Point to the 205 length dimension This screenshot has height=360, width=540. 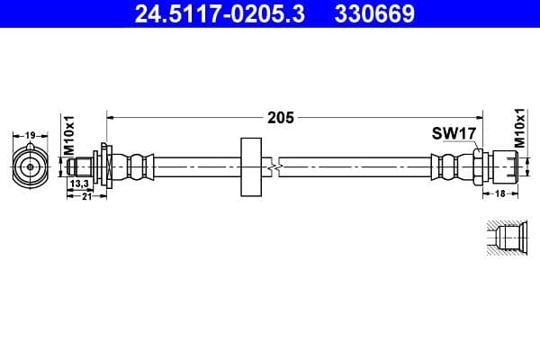coord(280,117)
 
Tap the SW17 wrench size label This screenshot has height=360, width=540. coord(453,134)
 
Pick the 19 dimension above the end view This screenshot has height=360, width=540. coord(30,135)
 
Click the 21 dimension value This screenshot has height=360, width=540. coord(87,196)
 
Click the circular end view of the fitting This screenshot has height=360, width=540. coord(30,166)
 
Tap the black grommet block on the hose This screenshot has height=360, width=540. coord(249,166)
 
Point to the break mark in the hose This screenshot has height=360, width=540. coord(281,166)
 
